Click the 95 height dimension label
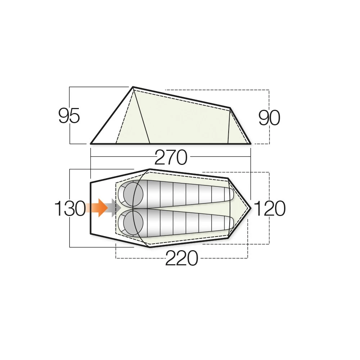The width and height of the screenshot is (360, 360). coord(69,115)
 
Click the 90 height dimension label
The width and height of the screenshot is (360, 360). coord(269,118)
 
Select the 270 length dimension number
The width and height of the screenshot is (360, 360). coord(171,158)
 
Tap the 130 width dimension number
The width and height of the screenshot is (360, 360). coord(70,208)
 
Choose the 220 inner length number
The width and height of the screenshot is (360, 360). coord(181,258)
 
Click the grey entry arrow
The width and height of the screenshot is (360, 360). coord(115,208)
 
